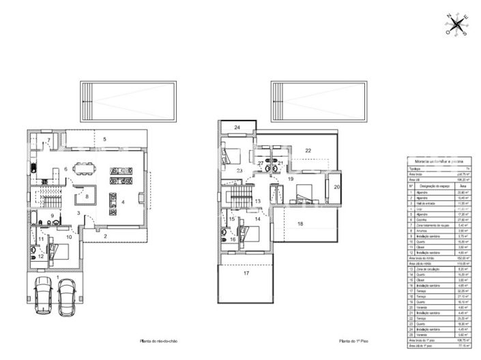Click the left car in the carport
pos(44,297)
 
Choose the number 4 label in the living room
pos(123,202)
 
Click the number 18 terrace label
pos(300,224)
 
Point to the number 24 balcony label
pos(237,127)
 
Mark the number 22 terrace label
pos(308,150)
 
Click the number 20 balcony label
pos(336,186)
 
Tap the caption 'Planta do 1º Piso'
pos(353,341)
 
